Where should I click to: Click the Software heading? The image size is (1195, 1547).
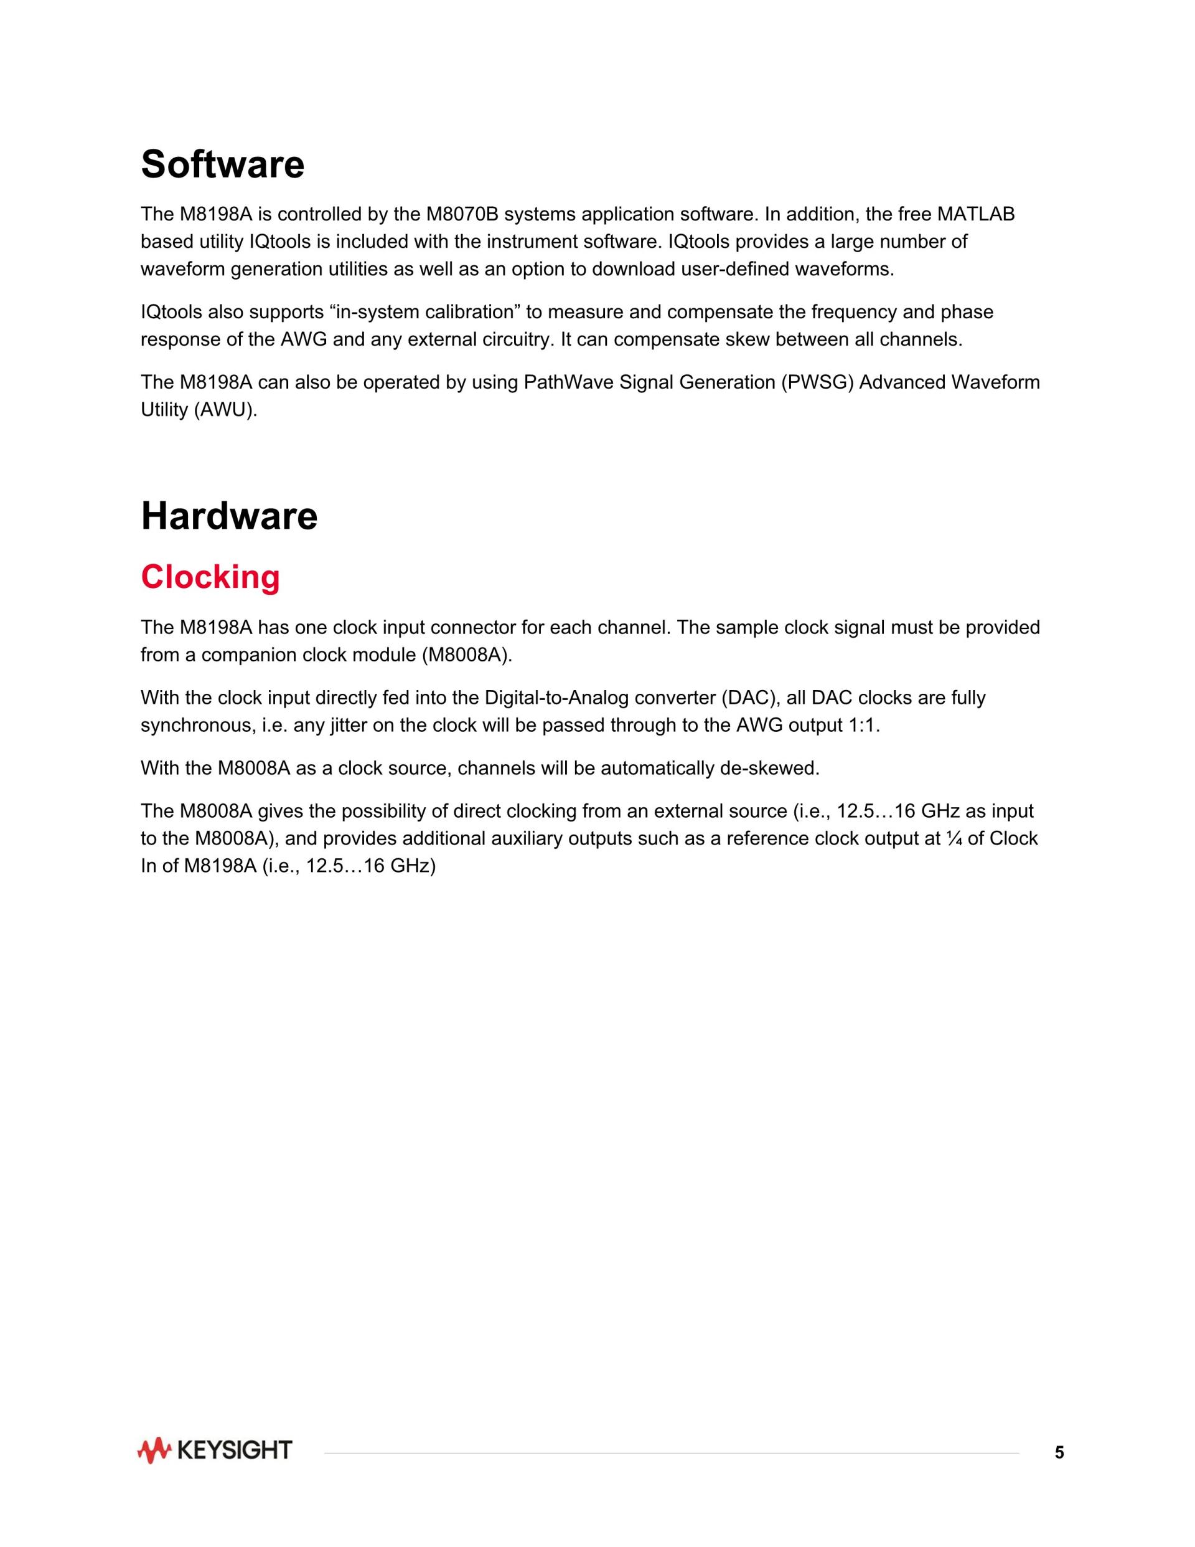point(222,165)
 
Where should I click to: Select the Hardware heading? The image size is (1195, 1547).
point(228,516)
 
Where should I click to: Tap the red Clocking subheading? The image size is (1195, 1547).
point(210,577)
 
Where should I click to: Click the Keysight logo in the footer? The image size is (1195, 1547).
point(215,1450)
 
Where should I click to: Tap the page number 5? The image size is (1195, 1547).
point(1059,1453)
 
